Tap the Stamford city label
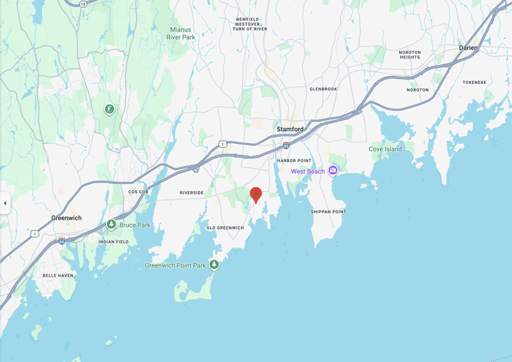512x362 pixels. coord(290,129)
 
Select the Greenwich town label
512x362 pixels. coord(66,218)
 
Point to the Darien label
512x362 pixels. coord(469,48)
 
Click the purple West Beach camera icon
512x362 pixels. coord(333,171)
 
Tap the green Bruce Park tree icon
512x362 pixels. coord(112,225)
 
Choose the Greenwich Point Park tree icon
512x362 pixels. coord(215,265)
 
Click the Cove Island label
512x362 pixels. coord(385,149)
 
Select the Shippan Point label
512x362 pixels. coord(328,212)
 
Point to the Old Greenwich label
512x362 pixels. coord(225,228)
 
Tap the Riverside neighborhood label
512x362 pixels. coord(192,192)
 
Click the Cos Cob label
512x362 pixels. coord(139,192)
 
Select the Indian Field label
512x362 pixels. coord(113,241)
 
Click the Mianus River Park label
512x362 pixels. coord(182,33)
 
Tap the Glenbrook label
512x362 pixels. coord(324,89)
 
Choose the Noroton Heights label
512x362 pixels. coord(409,54)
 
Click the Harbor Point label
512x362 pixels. coord(294,160)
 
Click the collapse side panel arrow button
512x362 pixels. coord(5,203)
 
